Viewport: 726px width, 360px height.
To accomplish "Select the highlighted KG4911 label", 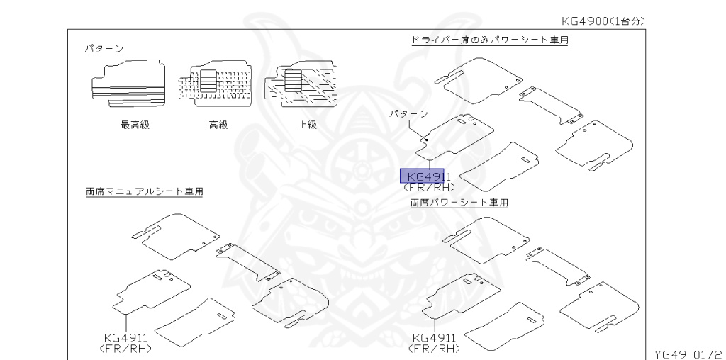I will (423, 176).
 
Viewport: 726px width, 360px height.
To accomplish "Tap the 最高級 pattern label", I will (135, 125).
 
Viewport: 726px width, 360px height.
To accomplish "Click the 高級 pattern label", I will (218, 125).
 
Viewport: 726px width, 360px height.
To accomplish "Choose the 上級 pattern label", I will (306, 125).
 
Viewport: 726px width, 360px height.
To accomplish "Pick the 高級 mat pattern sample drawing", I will (213, 86).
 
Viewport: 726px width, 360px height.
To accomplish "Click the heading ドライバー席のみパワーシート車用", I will (490, 40).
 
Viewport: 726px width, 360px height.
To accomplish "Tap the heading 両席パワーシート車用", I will (459, 203).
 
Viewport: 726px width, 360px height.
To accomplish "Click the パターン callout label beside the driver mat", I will (409, 113).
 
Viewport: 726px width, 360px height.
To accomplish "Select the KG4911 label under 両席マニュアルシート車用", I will (125, 339).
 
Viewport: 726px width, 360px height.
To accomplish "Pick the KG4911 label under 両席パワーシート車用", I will (433, 339).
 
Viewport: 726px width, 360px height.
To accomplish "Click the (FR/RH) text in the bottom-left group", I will (127, 349).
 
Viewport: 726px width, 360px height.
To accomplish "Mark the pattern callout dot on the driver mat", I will (425, 140).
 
